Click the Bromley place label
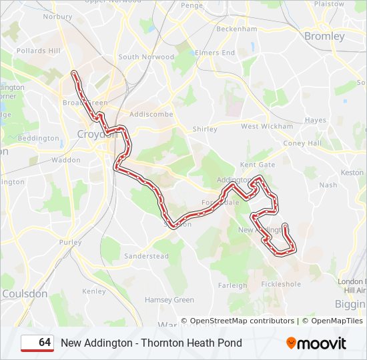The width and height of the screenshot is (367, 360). click(324, 36)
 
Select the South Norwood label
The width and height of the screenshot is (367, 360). click(146, 57)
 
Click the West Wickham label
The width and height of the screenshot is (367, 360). click(267, 126)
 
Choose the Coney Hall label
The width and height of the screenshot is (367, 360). click(302, 143)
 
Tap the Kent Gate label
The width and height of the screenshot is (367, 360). click(257, 164)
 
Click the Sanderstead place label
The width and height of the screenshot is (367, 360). click(146, 256)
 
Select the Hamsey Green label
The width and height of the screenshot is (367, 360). click(169, 300)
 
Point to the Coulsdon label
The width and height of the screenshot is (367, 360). click(25, 293)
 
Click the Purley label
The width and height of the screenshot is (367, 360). click(70, 243)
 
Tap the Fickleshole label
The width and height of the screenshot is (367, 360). click(281, 284)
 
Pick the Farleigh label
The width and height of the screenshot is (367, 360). click(233, 285)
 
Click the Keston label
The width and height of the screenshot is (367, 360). click(352, 173)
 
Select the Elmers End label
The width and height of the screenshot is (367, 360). click(215, 53)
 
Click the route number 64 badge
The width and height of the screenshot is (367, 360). click(38, 343)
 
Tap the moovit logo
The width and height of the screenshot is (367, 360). click(316, 343)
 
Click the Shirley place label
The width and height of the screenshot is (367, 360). click(205, 129)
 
